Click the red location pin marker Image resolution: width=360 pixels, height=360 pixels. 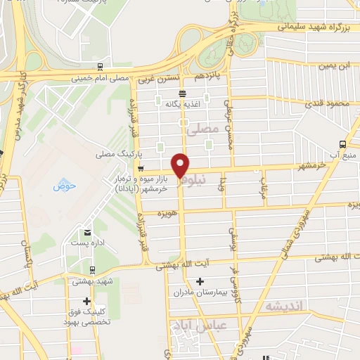coord(181,166)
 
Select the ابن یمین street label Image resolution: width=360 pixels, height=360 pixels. coord(335,66)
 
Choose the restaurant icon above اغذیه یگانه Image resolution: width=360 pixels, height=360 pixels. coord(182,93)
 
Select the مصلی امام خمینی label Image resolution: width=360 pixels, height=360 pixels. coord(100,78)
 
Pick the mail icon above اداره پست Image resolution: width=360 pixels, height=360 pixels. coord(87,232)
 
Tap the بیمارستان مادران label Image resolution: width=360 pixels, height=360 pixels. coord(201,292)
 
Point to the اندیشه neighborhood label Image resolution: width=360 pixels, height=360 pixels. coord(284,307)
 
